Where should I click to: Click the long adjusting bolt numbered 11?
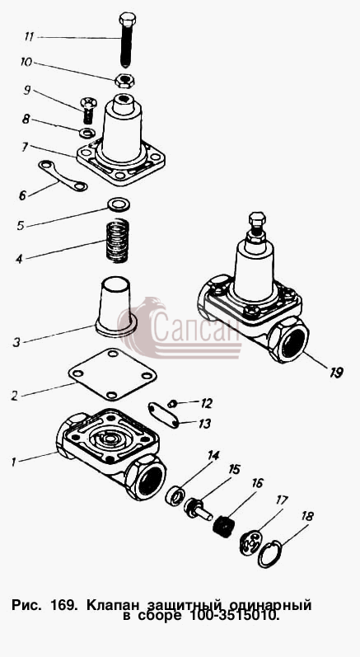126,40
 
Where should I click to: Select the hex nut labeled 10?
124,80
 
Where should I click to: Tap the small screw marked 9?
87,110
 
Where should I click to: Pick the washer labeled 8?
86,134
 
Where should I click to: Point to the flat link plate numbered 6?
63,176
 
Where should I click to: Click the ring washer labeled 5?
119,204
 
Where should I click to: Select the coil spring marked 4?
117,241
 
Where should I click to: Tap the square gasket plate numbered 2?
112,373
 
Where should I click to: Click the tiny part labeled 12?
171,404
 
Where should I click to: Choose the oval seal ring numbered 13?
164,415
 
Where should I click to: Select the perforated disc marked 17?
250,542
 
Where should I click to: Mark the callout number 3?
16,342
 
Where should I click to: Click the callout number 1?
13,462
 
